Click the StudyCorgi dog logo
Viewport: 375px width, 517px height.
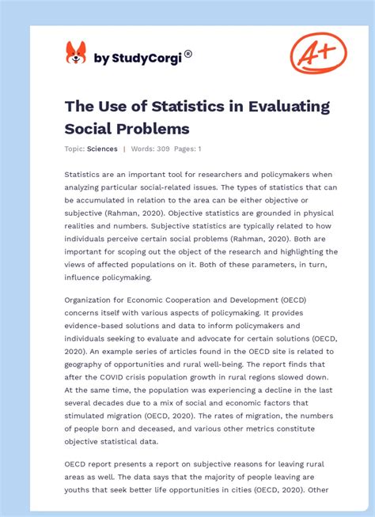[x=76, y=53]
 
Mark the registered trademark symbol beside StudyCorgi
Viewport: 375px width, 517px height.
[x=188, y=54]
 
